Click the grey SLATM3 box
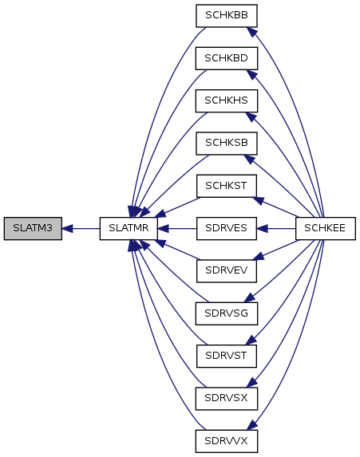tap(33, 228)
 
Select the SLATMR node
tap(129, 228)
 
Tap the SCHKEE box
tap(326, 228)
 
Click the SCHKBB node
tap(227, 16)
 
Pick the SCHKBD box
tap(227, 58)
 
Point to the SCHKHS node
tap(227, 100)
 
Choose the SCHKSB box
tap(227, 144)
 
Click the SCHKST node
tap(227, 186)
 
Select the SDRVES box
tap(227, 228)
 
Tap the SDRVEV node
tap(227, 271)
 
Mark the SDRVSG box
tap(227, 313)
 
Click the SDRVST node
tap(227, 357)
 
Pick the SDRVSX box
tap(227, 399)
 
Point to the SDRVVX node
tap(227, 441)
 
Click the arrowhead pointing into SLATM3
tap(67, 228)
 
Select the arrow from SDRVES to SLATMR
tap(177, 228)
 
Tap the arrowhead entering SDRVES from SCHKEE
tap(263, 228)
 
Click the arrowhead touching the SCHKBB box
tap(252, 31)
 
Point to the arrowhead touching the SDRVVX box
tap(252, 425)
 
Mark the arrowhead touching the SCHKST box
tap(259, 200)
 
